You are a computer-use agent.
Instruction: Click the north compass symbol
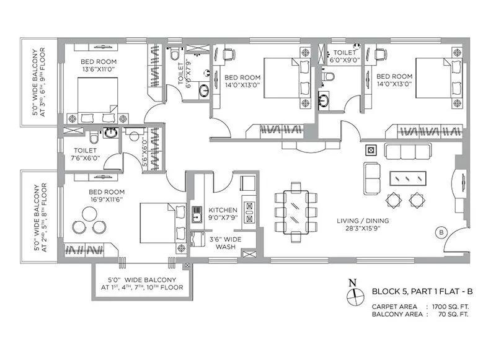pos(353,294)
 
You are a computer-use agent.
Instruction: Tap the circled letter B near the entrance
pos(441,232)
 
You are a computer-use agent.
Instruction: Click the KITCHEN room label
pos(223,210)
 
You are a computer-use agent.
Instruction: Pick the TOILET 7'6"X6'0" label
pos(84,154)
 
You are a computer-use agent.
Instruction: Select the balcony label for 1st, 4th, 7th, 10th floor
pos(142,284)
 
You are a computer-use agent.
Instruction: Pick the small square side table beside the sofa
pos(371,149)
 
